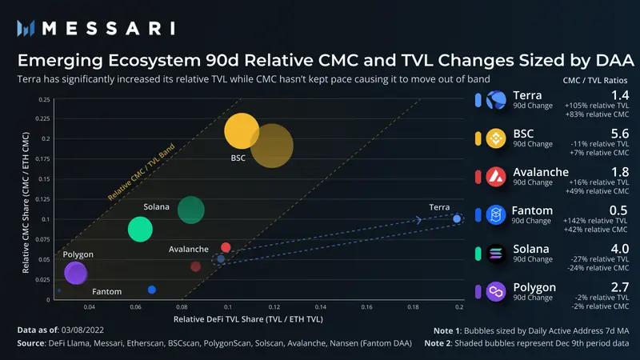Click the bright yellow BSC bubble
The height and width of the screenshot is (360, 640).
click(x=242, y=130)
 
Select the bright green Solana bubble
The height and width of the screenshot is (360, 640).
click(x=140, y=229)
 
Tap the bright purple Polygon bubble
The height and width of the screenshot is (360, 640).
click(x=76, y=274)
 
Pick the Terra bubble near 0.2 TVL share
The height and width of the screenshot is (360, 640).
click(x=457, y=218)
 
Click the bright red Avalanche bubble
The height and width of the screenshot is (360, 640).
click(x=226, y=248)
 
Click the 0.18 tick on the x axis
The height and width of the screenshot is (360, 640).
click(x=413, y=306)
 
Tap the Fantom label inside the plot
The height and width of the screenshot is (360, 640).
click(x=106, y=292)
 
